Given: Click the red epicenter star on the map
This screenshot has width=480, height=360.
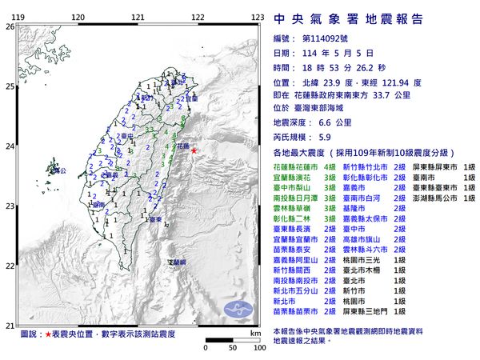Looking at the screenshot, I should pyautogui.click(x=194, y=150).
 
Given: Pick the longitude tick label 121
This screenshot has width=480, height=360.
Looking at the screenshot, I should pyautogui.click(x=138, y=17).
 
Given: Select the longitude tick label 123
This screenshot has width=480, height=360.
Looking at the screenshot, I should pyautogui.click(x=258, y=17).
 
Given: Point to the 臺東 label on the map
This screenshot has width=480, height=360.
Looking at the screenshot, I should pyautogui.click(x=157, y=218).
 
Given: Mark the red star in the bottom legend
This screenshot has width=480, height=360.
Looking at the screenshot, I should pyautogui.click(x=50, y=334).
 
